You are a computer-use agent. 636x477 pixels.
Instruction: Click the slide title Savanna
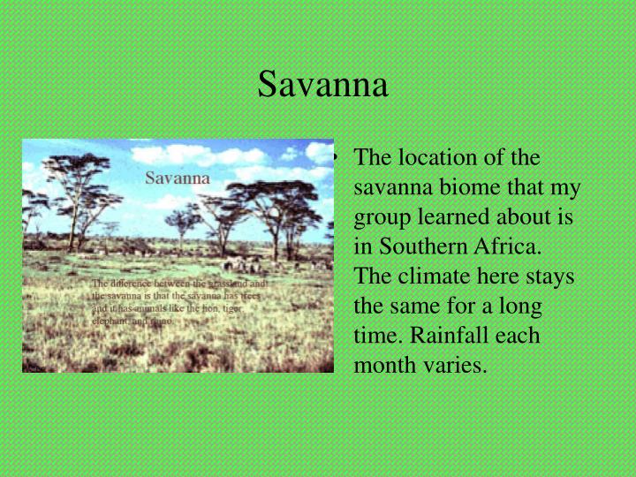pyautogui.click(x=322, y=85)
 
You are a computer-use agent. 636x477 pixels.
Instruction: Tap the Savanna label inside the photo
pyautogui.click(x=178, y=178)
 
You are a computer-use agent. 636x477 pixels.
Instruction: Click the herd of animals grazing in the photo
pyautogui.click(x=243, y=262)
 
